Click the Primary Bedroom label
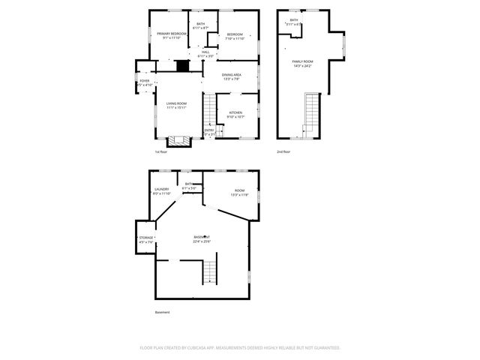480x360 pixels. point(171,34)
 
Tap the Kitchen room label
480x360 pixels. point(235,112)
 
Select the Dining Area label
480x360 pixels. point(232,75)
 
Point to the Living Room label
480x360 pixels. point(176,103)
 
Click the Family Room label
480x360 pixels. point(302,61)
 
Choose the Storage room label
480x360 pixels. point(145,238)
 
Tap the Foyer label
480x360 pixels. point(145,81)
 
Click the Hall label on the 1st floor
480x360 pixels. point(205,52)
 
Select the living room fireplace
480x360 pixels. point(178,139)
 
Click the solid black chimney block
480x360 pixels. point(180,65)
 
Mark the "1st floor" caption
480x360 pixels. point(161,151)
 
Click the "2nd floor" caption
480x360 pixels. point(283,151)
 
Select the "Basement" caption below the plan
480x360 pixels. point(163,312)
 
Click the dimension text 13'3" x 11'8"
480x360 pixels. point(239,195)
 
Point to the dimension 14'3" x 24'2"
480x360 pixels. point(302,66)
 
